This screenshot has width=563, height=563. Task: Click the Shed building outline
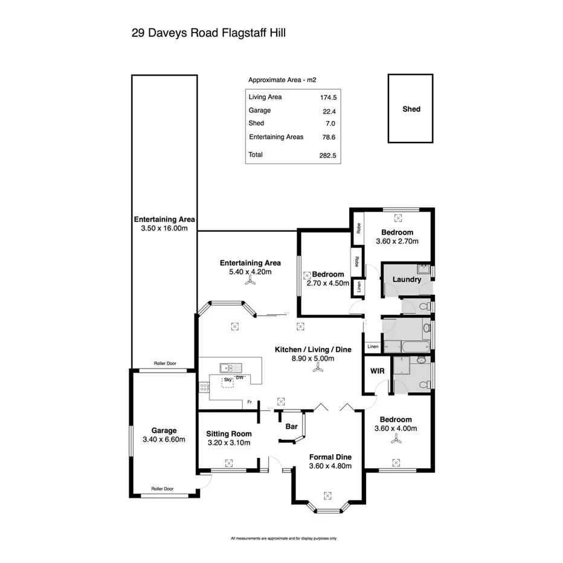pyautogui.click(x=410, y=109)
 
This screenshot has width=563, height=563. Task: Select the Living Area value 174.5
pyautogui.click(x=328, y=97)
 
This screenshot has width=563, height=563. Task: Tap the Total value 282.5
pyautogui.click(x=328, y=155)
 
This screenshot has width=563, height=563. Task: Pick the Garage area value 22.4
pyautogui.click(x=329, y=111)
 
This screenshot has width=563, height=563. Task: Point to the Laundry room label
pyautogui.click(x=406, y=280)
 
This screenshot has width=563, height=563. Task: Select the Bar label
pyautogui.click(x=292, y=426)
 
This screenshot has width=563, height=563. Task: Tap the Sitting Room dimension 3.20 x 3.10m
pyautogui.click(x=228, y=443)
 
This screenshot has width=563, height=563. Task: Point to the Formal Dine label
pyautogui.click(x=330, y=457)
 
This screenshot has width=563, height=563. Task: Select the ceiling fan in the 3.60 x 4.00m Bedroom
pyautogui.click(x=396, y=441)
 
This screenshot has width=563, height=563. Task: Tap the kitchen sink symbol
pyautogui.click(x=231, y=367)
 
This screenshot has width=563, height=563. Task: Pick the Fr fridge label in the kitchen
pyautogui.click(x=249, y=402)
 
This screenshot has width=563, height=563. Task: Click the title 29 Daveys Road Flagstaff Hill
pyautogui.click(x=208, y=33)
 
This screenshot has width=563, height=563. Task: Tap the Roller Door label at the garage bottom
pyautogui.click(x=163, y=489)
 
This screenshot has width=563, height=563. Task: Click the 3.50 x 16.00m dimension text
pyautogui.click(x=164, y=229)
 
